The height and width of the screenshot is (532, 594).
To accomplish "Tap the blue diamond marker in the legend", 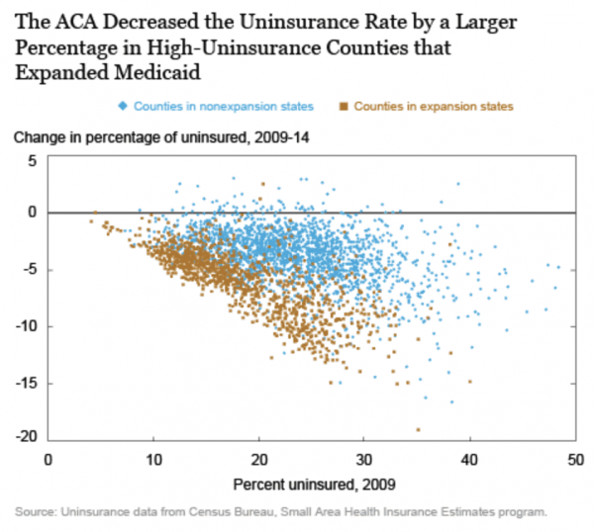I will coord(121,106).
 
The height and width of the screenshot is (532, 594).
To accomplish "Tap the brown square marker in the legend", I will coord(342,106).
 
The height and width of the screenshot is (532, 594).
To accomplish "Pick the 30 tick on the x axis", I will coord(363,459).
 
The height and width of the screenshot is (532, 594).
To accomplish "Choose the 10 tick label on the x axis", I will coord(152,459).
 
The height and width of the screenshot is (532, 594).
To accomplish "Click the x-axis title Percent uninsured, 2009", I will coord(310,485).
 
